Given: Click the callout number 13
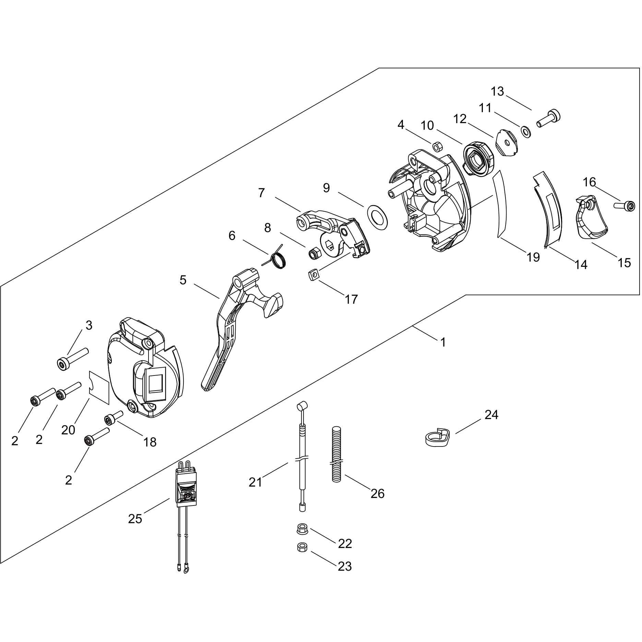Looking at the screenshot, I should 497,92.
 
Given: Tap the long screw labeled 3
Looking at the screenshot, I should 72,358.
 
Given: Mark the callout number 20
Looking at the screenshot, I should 68,429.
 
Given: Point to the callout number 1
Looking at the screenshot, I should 443,342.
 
